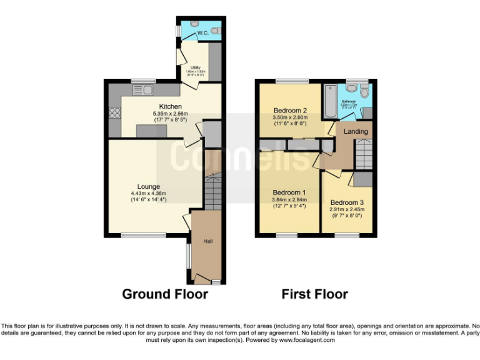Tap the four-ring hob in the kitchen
pyautogui.click(x=115, y=113)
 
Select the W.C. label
pyautogui.click(x=202, y=32)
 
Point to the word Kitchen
pyautogui.click(x=170, y=106)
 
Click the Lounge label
pyautogui.click(x=149, y=186)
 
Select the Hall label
pyautogui.click(x=207, y=241)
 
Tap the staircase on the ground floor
pyautogui.click(x=212, y=191)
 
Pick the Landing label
pyautogui.click(x=356, y=131)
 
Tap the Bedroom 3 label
pyautogui.click(x=346, y=202)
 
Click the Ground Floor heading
pyautogui.click(x=164, y=294)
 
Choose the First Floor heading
pyautogui.click(x=314, y=294)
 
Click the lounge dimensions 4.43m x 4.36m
pyautogui.click(x=149, y=193)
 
